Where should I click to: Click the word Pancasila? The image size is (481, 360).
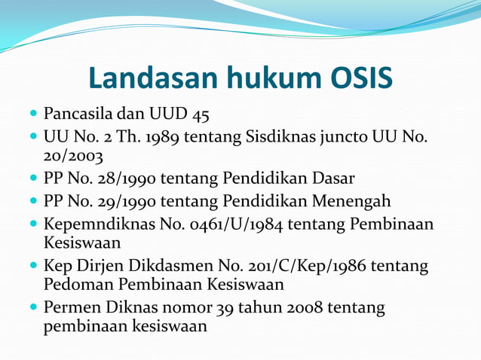[x=78, y=115]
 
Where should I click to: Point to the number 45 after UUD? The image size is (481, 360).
[x=201, y=115]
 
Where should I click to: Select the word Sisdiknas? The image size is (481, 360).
[x=281, y=137]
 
